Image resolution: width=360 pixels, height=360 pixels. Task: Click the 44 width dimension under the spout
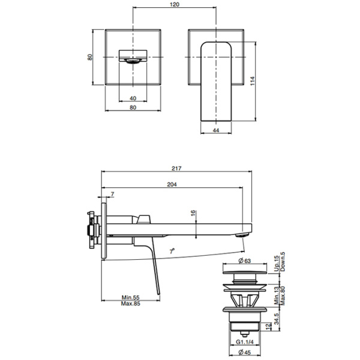[x=215, y=129]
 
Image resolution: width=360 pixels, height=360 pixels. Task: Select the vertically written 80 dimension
[x=90, y=58]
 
